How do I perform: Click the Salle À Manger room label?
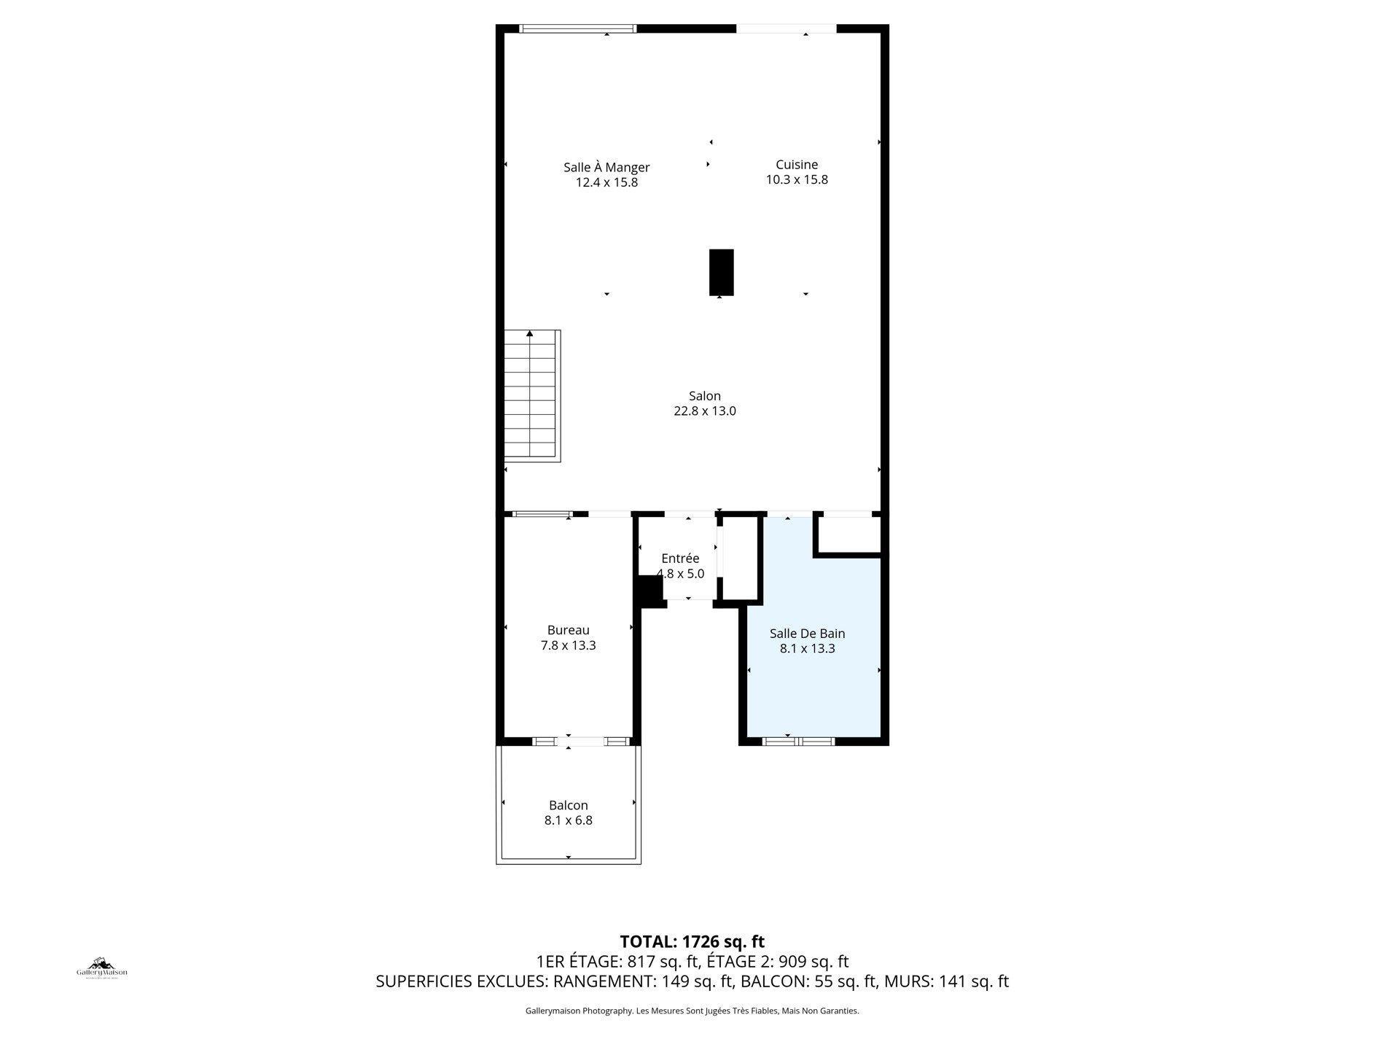coord(606,167)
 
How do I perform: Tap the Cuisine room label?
coord(796,165)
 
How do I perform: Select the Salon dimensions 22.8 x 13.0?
coord(704,411)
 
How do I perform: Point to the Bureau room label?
coord(568,630)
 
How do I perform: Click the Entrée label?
coord(680,559)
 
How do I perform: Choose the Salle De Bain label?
coord(807,634)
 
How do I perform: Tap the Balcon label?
coord(568,805)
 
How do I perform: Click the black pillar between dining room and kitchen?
coord(721,272)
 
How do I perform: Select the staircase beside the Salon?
coord(532,396)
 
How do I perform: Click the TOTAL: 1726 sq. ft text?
coord(692,941)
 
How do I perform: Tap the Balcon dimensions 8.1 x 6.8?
coord(568,820)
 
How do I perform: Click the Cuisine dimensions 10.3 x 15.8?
coord(796,180)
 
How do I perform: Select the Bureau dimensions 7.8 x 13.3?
coord(568,645)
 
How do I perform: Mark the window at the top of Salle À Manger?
coord(577,28)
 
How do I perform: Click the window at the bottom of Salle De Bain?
coord(798,742)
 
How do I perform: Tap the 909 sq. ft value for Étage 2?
coord(814,961)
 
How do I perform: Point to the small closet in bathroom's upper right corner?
coord(848,536)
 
